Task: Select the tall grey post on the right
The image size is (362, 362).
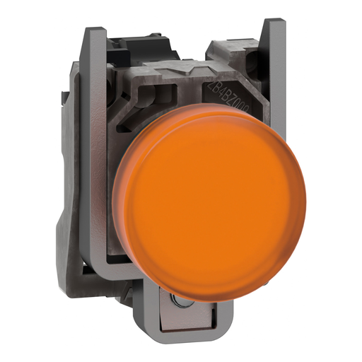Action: point(269,106)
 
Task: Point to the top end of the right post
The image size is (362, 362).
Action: point(269,25)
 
